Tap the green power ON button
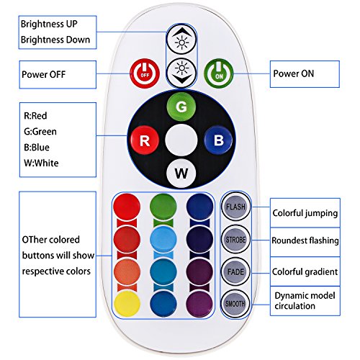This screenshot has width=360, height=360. click(x=218, y=73)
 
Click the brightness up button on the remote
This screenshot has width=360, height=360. click(x=181, y=40)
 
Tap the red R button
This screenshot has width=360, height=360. click(x=145, y=140)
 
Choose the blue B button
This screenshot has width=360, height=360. click(x=218, y=140)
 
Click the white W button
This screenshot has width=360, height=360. click(x=181, y=174)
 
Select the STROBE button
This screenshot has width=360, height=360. click(x=235, y=239)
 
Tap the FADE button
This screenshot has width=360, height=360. click(x=235, y=271)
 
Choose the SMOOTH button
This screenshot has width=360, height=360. click(x=235, y=304)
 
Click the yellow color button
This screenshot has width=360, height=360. click(x=127, y=304)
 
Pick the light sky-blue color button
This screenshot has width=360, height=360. click(x=163, y=239)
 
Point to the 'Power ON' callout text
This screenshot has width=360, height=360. click(x=294, y=73)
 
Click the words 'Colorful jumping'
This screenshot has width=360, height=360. click(x=305, y=213)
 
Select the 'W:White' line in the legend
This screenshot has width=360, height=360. click(x=41, y=163)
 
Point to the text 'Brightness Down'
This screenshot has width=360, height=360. click(x=55, y=40)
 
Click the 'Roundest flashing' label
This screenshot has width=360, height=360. click(x=305, y=240)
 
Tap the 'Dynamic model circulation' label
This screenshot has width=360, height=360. click(x=305, y=301)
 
